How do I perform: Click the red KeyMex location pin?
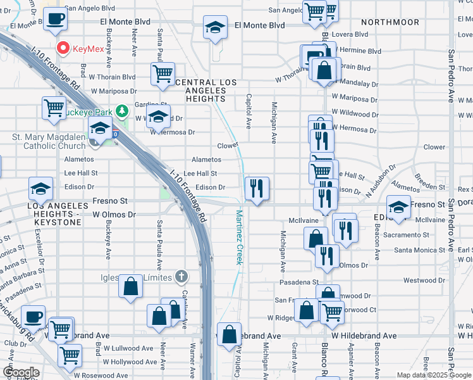pos(63,48)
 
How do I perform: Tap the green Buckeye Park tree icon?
pos(125,113)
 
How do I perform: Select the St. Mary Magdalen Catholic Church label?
pos(48,141)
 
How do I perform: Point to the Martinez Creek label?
pos(240,237)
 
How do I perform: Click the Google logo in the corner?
pos(20,372)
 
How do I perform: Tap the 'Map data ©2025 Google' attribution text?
pos(433,375)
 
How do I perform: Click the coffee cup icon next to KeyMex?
pos(56,19)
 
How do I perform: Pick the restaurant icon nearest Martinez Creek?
pos(257,188)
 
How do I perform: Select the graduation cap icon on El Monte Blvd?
pos(215,27)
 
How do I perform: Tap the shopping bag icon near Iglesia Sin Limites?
pos(130,286)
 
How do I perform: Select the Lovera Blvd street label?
pos(352,34)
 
